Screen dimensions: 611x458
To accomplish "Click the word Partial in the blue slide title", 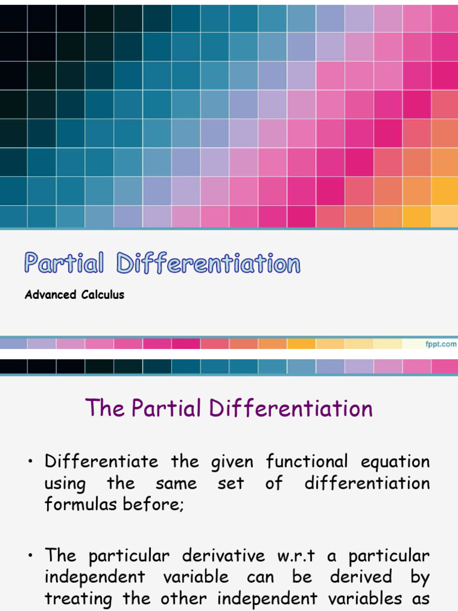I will (64, 263).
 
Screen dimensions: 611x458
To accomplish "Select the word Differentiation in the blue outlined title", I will (208, 263).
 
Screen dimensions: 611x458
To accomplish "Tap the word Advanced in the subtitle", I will (51, 295).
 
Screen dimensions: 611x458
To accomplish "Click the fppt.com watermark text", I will (441, 344).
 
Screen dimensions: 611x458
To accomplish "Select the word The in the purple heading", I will (105, 408).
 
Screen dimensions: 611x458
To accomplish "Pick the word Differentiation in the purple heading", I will (291, 408).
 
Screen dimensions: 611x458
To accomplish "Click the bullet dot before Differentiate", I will (29, 462).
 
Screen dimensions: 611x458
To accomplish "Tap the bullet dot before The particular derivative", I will (29, 557).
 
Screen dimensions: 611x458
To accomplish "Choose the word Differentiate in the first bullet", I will (101, 462).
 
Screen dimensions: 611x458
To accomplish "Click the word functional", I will (308, 462).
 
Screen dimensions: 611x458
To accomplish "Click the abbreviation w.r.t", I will (290, 557).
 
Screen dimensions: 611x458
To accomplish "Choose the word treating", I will (80, 598).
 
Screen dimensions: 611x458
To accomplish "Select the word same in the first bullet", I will (177, 483).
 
